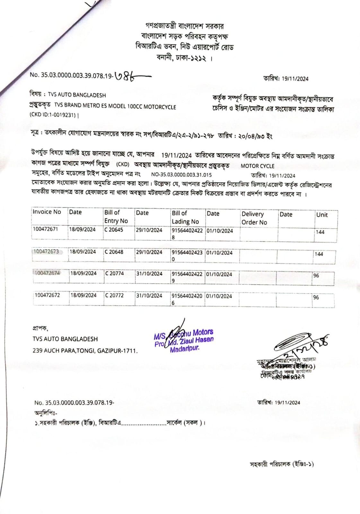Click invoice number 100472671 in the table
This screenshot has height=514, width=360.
point(45,229)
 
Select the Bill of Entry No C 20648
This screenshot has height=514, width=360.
point(114,252)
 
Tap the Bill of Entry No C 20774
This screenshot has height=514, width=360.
point(115,273)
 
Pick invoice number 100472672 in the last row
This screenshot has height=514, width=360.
point(47,295)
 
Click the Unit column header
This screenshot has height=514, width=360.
point(322,215)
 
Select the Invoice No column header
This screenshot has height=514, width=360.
point(47,212)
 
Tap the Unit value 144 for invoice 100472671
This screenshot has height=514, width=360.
point(320,232)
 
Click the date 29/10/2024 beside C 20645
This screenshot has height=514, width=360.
point(149,230)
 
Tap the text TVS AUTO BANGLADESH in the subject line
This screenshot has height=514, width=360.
point(77,95)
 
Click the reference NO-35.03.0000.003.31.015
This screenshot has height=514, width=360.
point(181,175)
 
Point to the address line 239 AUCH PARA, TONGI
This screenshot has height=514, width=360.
point(85,350)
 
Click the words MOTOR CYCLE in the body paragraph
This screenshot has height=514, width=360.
point(258,166)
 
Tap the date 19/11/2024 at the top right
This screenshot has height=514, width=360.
point(295,79)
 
